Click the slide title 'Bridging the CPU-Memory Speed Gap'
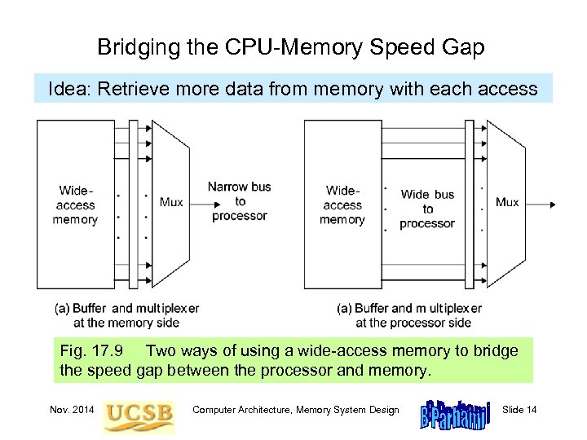click(291, 47)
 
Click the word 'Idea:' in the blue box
click(70, 89)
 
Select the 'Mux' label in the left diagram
click(171, 202)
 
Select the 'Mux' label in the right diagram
click(507, 201)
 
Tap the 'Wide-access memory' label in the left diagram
click(75, 205)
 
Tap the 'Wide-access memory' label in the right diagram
click(342, 205)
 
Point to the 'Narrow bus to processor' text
click(239, 201)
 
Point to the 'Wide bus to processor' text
click(427, 209)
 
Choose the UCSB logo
click(138, 412)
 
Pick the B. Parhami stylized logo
click(454, 412)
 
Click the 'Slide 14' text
click(520, 409)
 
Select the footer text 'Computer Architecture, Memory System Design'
click(295, 409)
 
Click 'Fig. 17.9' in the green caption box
click(91, 351)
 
